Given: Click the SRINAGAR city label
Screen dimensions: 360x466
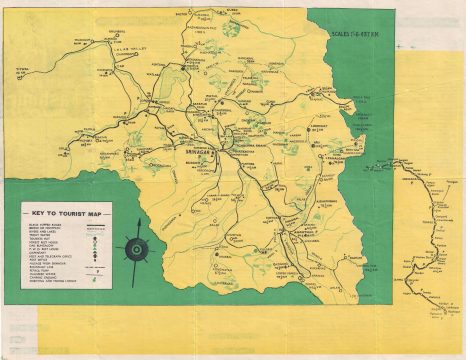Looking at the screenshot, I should click(x=196, y=149).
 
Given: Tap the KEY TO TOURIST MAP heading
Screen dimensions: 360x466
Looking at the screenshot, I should click(x=67, y=214).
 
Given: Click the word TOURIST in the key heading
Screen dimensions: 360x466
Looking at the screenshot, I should click(x=72, y=214).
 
